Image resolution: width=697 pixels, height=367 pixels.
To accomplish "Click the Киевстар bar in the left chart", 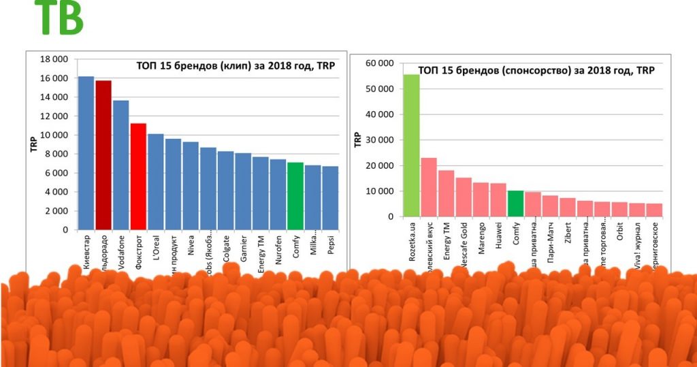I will tap(86, 153).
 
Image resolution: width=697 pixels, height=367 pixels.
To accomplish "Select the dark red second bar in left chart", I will tap(103, 155).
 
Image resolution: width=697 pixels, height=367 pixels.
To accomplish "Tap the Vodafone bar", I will tap(120, 165).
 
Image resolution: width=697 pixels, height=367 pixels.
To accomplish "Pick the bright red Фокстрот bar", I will tap(138, 176).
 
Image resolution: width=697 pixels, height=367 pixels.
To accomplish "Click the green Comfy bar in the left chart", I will tap(295, 196).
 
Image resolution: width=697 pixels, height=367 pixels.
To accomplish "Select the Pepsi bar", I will tap(330, 198).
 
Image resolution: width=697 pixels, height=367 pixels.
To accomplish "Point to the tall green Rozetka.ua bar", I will tap(411, 146).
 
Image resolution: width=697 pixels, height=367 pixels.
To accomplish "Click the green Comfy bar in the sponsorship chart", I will tap(515, 204).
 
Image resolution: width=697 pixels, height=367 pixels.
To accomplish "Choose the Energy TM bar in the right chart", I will tap(446, 193).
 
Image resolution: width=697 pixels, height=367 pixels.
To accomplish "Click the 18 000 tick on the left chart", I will tap(54, 59).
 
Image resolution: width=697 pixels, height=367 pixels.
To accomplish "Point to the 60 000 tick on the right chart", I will tap(380, 63).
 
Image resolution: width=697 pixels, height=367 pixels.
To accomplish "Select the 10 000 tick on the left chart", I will tap(54, 135).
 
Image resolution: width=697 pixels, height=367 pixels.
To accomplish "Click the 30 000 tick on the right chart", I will tap(380, 140).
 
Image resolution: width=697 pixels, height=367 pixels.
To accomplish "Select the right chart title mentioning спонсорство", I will tap(536, 69).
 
